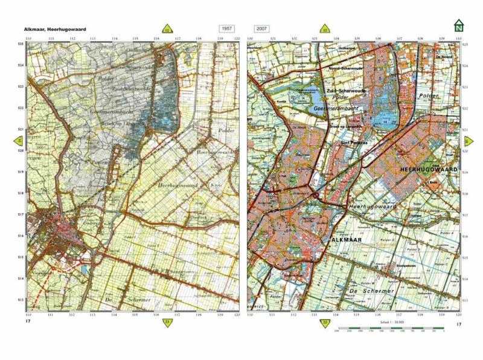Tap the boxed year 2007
(x=263, y=29)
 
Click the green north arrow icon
(x=459, y=26)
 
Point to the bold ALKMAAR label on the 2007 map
(x=347, y=240)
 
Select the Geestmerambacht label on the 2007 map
(x=336, y=109)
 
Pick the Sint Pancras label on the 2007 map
(x=355, y=143)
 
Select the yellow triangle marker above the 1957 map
(x=167, y=29)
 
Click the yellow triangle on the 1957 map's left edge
(x=19, y=141)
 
